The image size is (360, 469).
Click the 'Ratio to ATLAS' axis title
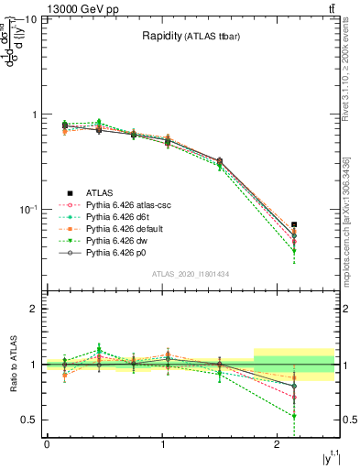point(12,365)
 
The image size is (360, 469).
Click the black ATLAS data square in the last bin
point(294,224)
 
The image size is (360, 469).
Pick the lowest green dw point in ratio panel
point(294,416)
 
